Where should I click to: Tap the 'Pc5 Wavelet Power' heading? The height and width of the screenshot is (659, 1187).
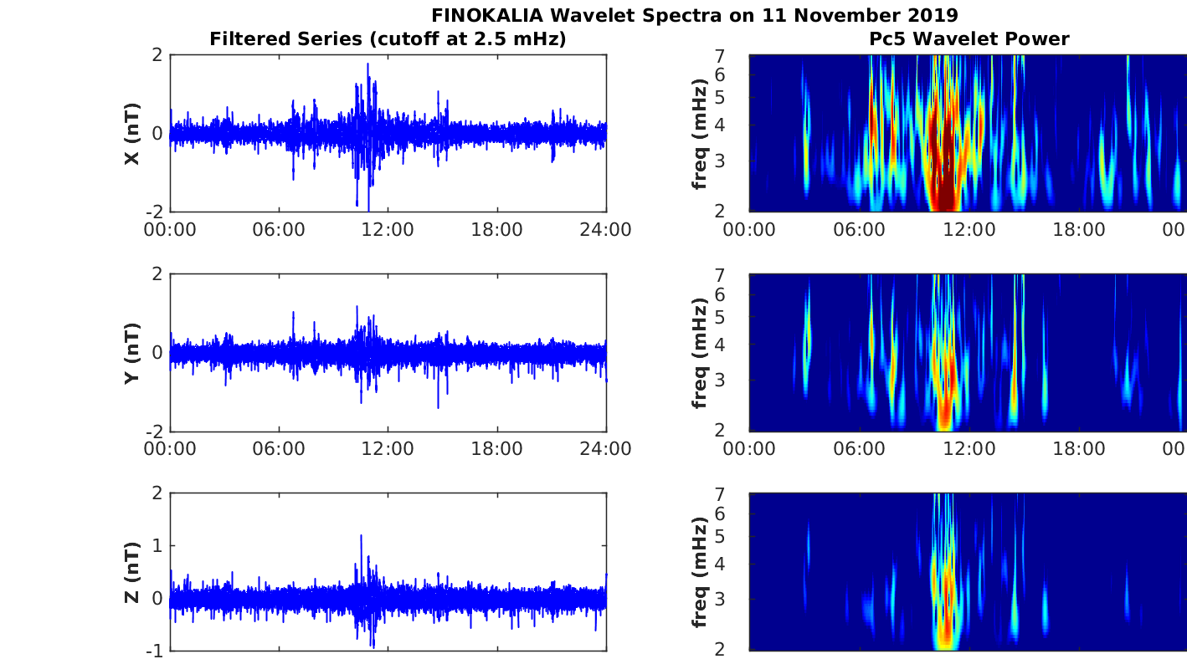(x=969, y=38)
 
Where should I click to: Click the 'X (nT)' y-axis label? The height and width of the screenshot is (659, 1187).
(x=131, y=134)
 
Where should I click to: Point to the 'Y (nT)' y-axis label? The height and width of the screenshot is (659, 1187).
(x=131, y=353)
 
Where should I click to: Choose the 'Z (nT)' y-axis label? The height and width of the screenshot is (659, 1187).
(x=131, y=572)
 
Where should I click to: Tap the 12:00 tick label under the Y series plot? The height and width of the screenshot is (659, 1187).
(x=388, y=449)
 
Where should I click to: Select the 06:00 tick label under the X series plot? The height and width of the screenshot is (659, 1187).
(x=279, y=230)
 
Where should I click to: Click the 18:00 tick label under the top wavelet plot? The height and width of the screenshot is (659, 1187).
(x=1078, y=230)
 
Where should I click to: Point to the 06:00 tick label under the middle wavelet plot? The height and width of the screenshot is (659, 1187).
(x=859, y=449)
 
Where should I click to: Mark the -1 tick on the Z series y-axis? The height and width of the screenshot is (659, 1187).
(x=155, y=650)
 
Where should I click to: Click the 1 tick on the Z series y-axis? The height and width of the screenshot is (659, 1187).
(x=159, y=545)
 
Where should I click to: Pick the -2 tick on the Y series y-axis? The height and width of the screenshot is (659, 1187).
(x=155, y=431)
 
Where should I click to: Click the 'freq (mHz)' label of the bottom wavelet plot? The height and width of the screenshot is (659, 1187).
(x=700, y=572)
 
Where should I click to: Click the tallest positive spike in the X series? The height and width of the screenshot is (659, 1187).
(x=367, y=64)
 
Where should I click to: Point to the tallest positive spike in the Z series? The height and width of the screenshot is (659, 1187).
(x=361, y=536)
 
